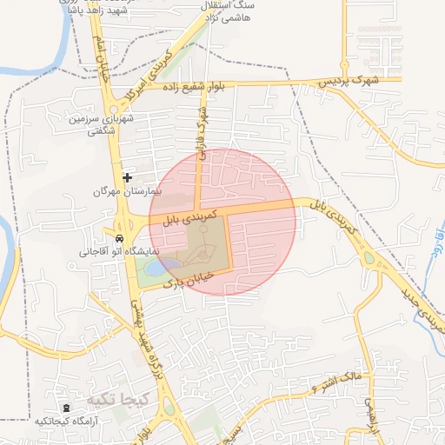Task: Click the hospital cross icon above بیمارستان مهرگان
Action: pos(128,177)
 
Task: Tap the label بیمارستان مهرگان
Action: pos(128,190)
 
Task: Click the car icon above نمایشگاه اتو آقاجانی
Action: pos(118,238)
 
